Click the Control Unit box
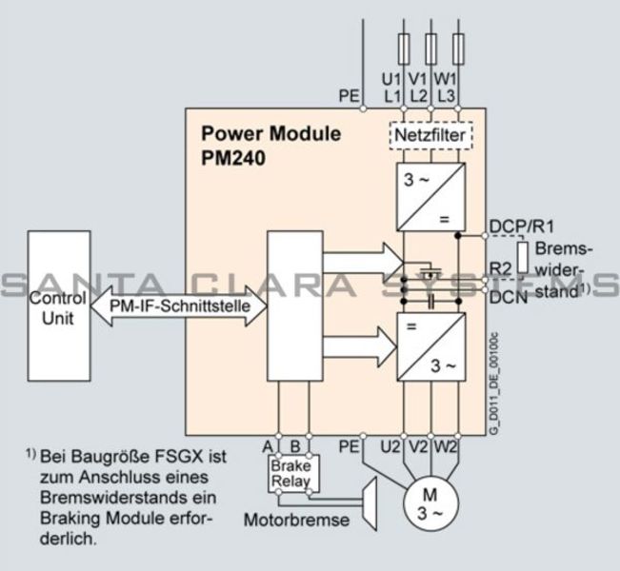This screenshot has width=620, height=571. pyautogui.click(x=58, y=308)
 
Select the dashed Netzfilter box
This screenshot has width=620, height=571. pyautogui.click(x=430, y=136)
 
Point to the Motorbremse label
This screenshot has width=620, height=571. pyautogui.click(x=296, y=521)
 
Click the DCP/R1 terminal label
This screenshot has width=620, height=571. pyautogui.click(x=521, y=226)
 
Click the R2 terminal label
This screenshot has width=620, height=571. pyautogui.click(x=501, y=268)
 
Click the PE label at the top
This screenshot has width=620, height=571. pyautogui.click(x=350, y=95)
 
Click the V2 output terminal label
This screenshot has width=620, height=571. pyautogui.click(x=419, y=444)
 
